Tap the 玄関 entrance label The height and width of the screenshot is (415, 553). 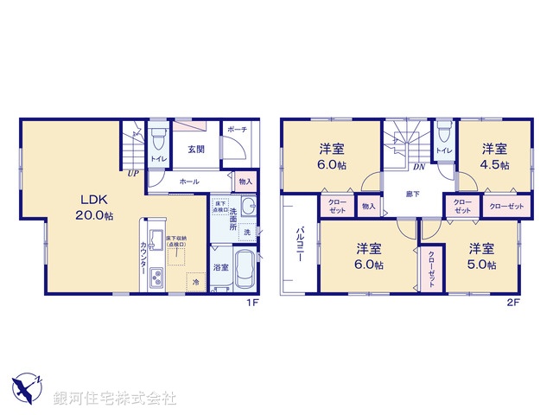(x=194, y=149)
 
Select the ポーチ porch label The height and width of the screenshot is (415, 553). (x=238, y=130)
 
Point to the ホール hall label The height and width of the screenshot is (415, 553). (x=189, y=182)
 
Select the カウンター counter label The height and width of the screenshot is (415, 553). (x=143, y=259)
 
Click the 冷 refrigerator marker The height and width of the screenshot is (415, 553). (x=196, y=282)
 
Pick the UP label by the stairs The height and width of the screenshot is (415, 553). (x=132, y=173)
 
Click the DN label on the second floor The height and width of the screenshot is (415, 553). (x=418, y=166)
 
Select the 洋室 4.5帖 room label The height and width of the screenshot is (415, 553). (x=495, y=156)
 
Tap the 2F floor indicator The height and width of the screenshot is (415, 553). (x=513, y=303)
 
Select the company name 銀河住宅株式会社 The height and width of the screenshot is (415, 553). (x=115, y=399)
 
